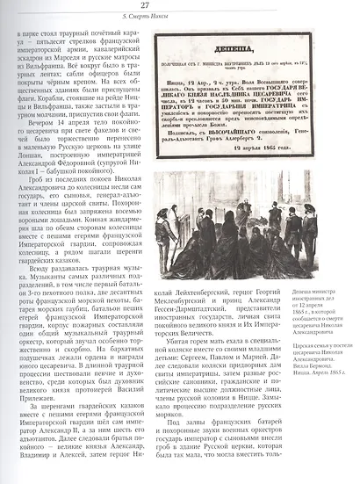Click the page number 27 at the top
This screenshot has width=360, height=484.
point(181,7)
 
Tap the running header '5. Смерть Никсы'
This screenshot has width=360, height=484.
point(181,17)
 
